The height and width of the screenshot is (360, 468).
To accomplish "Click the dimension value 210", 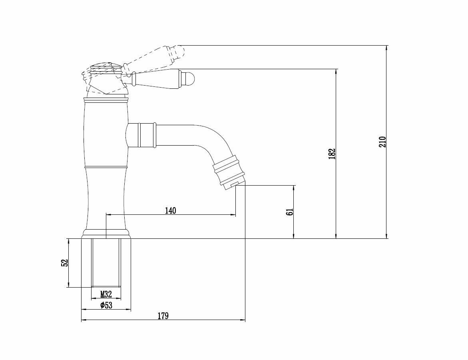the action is coord(382,142).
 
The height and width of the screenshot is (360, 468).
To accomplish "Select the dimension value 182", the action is coord(331,154).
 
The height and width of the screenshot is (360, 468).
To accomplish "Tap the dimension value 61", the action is coord(290,212).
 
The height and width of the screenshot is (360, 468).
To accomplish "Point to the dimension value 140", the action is coord(170,211).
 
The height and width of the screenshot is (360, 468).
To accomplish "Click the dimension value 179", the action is coord(163,316).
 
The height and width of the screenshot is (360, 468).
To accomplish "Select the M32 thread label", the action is coord(106,294).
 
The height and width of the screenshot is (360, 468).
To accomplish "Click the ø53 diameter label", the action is coord(106,305).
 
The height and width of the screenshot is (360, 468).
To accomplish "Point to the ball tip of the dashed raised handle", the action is coord(179,51).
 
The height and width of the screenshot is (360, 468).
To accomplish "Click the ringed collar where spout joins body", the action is coord(146,135).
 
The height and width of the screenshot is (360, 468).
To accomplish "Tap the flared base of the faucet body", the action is coord(106,234).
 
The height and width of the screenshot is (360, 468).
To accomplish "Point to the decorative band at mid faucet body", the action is coord(106,166).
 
